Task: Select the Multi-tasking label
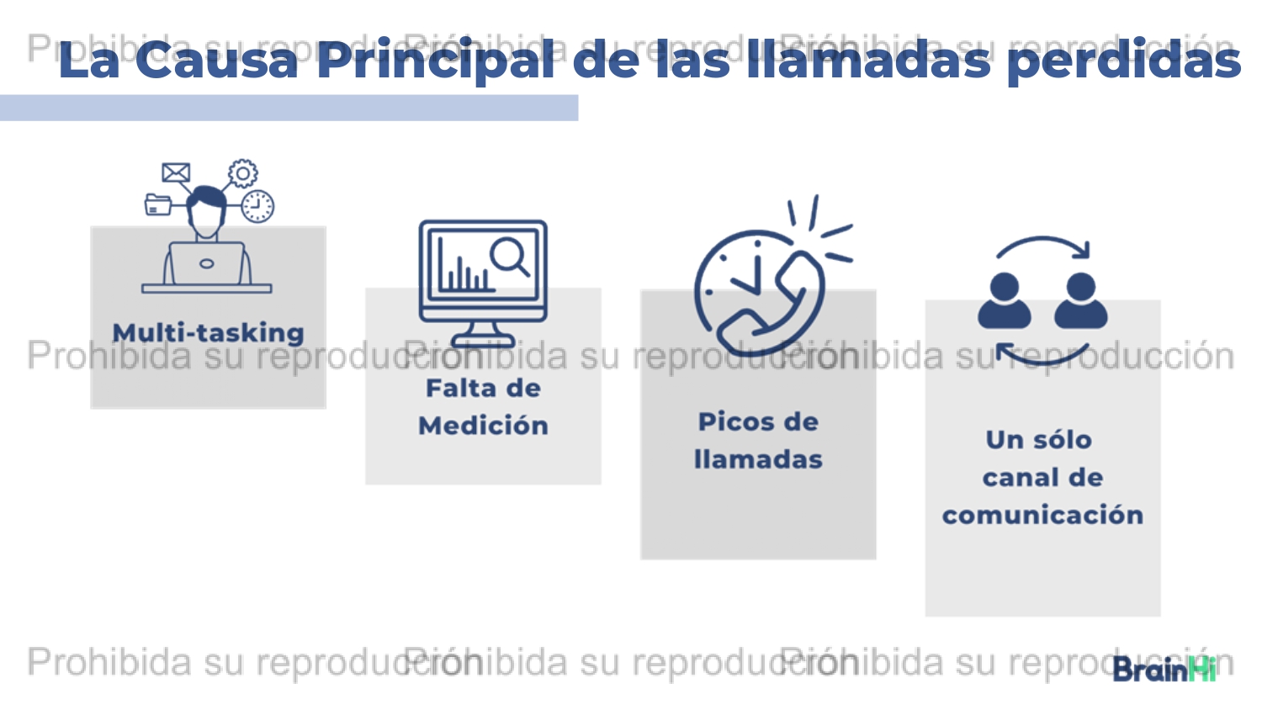209,332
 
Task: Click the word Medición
483,425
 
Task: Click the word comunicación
1043,515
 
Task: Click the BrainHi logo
1164,670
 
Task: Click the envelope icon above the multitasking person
176,172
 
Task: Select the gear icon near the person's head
243,173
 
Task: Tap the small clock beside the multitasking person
257,206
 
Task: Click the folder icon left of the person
158,204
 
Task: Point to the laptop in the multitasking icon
207,263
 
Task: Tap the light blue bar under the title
289,108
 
